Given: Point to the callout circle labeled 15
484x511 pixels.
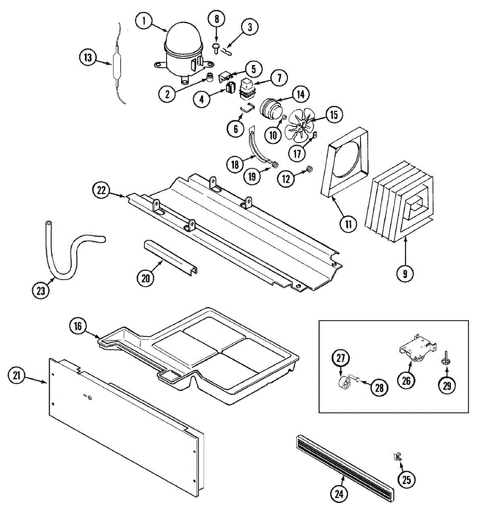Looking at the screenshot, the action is point(334,115).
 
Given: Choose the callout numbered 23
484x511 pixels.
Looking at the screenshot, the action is point(41,291).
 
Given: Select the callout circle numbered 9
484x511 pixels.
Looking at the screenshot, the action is point(405,273).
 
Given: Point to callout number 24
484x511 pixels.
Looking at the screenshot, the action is point(339,494).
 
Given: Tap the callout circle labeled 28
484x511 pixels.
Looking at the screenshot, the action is point(380,388).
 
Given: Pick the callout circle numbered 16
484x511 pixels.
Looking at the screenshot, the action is point(78,326).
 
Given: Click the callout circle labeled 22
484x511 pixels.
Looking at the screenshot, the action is point(101,191).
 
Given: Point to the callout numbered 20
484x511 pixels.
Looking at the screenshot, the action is point(146,278).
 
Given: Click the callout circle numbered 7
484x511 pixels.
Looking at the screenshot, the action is point(279,78).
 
